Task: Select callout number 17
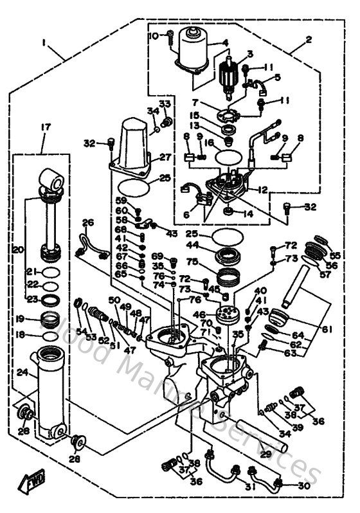coord(45,129)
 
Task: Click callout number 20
coord(18,249)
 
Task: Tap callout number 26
coord(88,223)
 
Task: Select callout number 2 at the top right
coord(309,39)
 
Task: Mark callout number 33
coord(165,104)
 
